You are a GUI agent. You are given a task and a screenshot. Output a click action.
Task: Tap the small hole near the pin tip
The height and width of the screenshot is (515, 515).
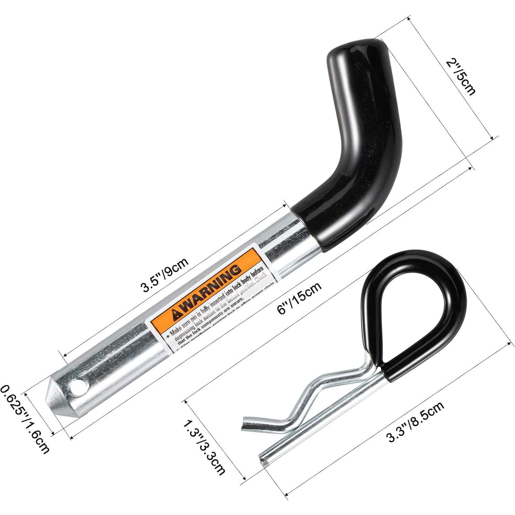[79, 386]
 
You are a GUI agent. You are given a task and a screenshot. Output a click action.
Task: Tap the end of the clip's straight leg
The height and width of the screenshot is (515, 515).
[263, 462]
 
